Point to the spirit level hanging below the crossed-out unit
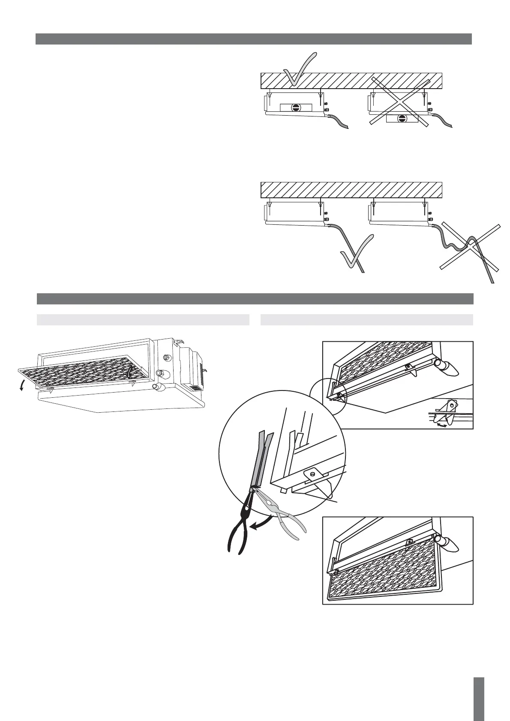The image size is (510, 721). pos(401,119)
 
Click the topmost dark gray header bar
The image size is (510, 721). pos(253,39)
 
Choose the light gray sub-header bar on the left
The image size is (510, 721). pos(143,320)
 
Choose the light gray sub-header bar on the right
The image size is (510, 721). pos(366,320)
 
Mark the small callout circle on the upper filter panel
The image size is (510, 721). pos(327,393)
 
